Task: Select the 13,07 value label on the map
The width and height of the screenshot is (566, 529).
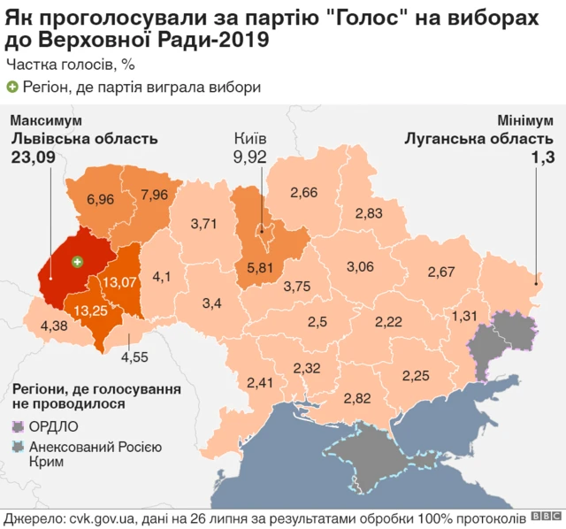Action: click(119, 281)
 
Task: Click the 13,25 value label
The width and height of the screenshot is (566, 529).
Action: click(92, 310)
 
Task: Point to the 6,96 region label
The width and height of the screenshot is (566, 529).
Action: click(100, 200)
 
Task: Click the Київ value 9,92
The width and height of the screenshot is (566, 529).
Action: click(250, 157)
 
